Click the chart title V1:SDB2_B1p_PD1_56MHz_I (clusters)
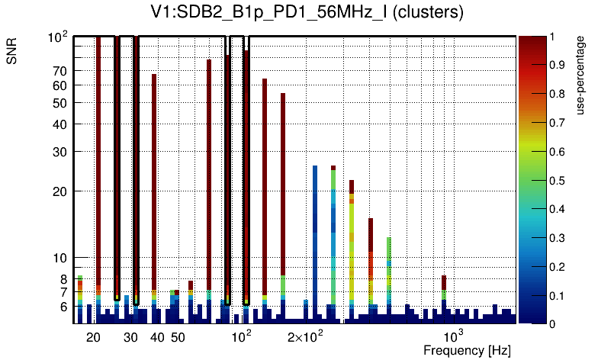(x=306, y=13)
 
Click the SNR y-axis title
(x=12, y=51)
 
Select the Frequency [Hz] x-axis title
(x=467, y=351)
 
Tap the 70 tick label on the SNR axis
(x=59, y=71)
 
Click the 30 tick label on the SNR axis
(x=59, y=152)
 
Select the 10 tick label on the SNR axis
(x=59, y=258)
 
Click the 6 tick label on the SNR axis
(x=63, y=307)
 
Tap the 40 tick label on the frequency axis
(x=157, y=337)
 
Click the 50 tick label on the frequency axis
(x=178, y=337)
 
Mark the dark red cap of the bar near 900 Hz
(x=444, y=281)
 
